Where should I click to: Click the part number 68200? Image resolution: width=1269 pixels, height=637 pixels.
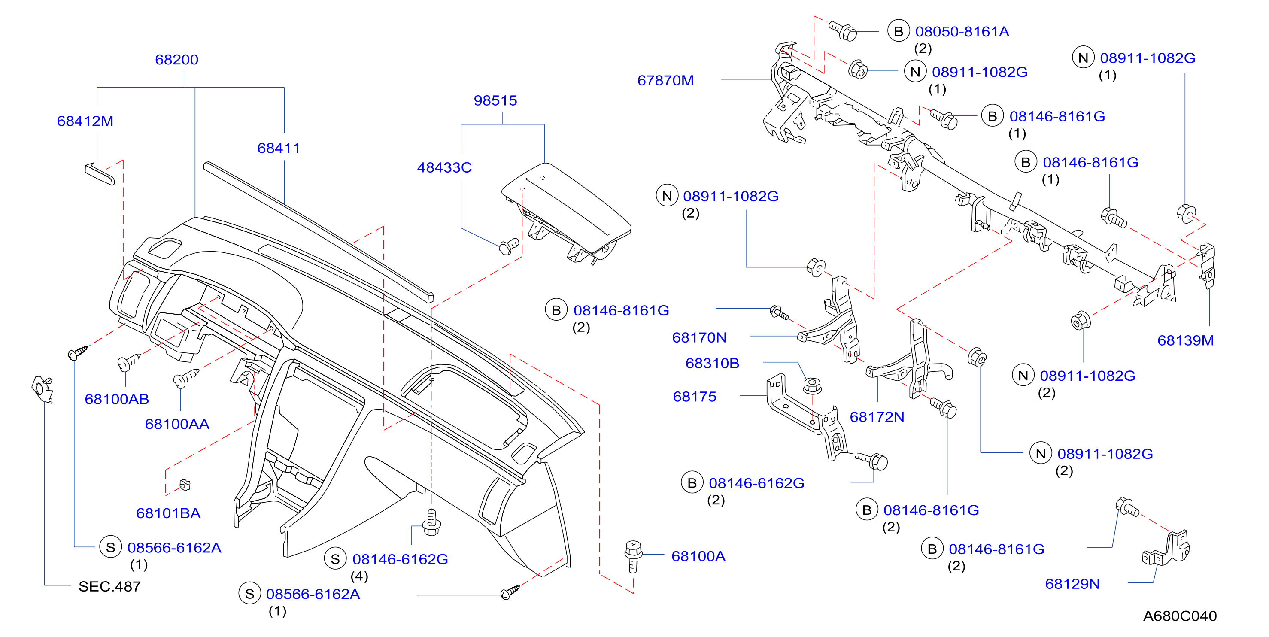176,60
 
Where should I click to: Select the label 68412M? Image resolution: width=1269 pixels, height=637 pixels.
85,121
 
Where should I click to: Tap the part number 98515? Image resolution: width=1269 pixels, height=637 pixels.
495,100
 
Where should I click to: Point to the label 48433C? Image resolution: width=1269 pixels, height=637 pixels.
444,167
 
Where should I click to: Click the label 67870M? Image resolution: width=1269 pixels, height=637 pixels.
665,80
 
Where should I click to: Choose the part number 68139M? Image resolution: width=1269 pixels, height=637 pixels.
1185,340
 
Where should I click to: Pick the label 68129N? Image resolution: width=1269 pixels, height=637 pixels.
1072,584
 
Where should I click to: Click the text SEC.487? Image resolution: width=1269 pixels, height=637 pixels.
109,586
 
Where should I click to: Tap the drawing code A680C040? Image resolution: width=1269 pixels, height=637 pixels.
1180,616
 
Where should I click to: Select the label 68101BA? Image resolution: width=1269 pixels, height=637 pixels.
168,513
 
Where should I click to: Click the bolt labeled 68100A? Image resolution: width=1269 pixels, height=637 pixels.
633,556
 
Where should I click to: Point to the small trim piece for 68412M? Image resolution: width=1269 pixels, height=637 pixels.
100,174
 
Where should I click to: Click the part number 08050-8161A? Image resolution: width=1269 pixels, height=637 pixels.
962,31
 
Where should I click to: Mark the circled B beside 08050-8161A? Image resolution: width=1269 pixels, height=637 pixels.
899,31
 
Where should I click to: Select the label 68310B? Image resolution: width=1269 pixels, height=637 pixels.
712,364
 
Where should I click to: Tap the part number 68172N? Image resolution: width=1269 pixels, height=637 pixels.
877,417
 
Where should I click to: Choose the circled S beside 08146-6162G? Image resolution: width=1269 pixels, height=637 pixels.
335,559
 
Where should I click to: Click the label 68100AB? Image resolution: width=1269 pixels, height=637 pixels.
117,400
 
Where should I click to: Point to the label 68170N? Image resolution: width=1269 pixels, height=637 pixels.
699,337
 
